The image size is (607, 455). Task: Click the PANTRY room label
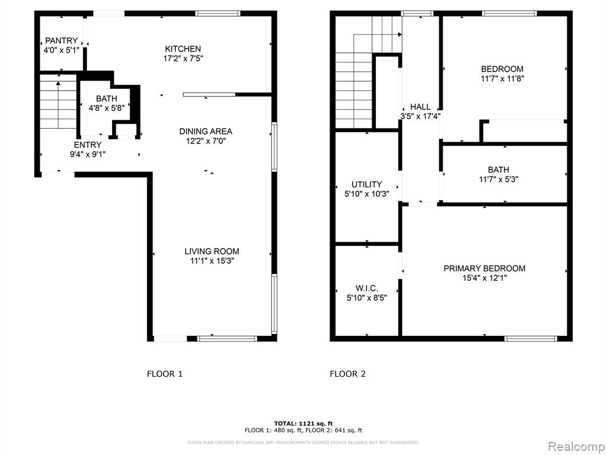tap(62, 41)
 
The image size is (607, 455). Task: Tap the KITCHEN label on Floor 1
tap(183, 49)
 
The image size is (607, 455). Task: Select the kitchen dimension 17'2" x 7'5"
tap(183, 59)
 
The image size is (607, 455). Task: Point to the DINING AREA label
tap(206, 131)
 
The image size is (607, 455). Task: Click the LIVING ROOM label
tap(212, 251)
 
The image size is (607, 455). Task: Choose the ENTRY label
tap(88, 145)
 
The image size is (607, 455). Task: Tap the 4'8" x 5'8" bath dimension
tap(107, 108)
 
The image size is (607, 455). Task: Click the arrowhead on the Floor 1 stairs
tap(58, 83)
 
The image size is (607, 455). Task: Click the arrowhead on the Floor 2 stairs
tap(400, 34)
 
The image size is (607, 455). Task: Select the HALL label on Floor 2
tap(420, 107)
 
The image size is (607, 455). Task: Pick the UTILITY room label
tap(366, 184)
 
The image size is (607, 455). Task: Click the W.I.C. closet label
tap(366, 289)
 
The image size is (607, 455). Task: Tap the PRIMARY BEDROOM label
tap(484, 268)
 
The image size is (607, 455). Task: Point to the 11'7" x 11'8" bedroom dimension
tap(502, 79)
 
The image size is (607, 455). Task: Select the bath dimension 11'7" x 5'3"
tap(499, 180)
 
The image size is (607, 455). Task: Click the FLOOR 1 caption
tap(165, 374)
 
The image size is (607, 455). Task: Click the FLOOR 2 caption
tap(347, 374)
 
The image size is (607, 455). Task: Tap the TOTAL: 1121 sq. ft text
tap(303, 423)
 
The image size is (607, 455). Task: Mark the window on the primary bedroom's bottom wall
tap(531, 338)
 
